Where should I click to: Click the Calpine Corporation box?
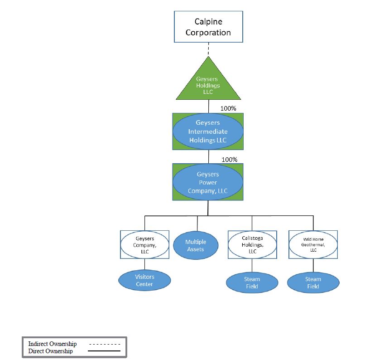[x=209, y=27]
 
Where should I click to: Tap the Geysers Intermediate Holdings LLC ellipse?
[x=208, y=131]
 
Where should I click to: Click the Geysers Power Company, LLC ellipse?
[x=208, y=182]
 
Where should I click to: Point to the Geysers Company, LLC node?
[x=145, y=244]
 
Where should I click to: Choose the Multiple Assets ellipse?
[x=196, y=246]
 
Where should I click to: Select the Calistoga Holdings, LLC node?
[x=252, y=244]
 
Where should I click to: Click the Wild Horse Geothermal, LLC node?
[x=313, y=244]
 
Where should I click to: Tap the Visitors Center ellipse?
[x=145, y=280]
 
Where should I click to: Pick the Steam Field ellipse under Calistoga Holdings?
[x=252, y=282]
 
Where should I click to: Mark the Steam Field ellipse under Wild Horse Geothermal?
[x=313, y=282]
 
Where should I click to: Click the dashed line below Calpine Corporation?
[x=208, y=49]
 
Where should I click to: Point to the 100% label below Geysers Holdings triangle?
[x=229, y=108]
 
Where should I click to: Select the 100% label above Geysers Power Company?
[x=230, y=160]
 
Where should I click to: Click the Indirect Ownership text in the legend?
[x=52, y=344]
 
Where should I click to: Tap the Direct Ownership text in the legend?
[x=50, y=351]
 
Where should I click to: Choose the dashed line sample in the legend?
[x=104, y=344]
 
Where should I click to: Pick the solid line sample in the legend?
[x=104, y=351]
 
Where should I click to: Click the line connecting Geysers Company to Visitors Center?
[x=145, y=265]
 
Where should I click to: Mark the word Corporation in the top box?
[x=209, y=33]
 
